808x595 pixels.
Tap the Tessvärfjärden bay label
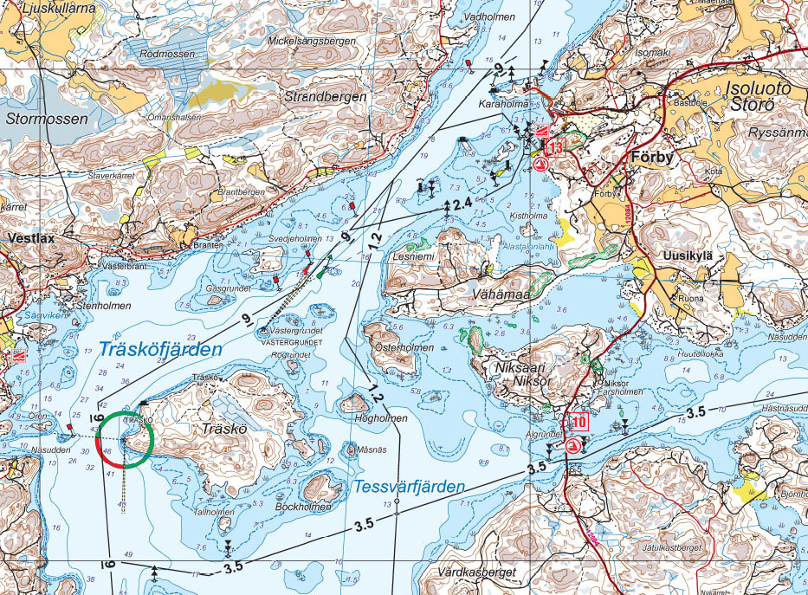tap(410, 488)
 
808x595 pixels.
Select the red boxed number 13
tap(554, 146)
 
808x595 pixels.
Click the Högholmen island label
tap(381, 418)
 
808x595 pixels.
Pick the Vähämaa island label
tap(496, 295)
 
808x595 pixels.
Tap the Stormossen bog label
tap(46, 118)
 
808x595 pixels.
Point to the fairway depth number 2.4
tap(462, 203)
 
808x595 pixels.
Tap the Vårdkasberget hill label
tap(477, 572)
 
